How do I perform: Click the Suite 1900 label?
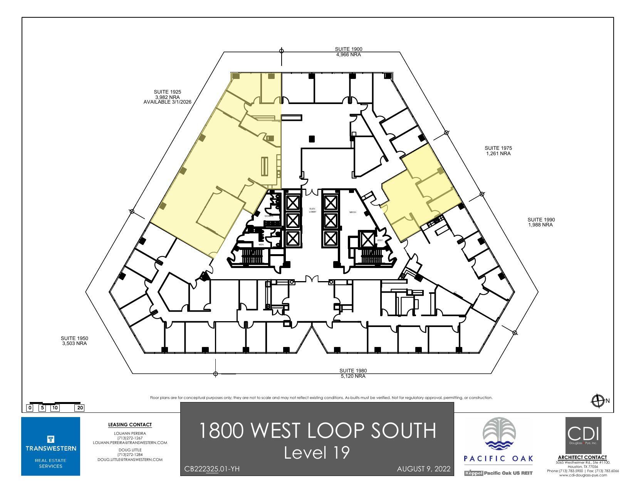348,52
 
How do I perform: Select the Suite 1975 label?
498,151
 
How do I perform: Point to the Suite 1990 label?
541,222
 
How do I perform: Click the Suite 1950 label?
74,341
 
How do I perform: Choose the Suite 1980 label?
353,373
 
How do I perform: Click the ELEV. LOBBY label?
312,210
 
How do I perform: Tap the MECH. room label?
352,212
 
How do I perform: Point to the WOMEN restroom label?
268,216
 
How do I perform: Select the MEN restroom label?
261,245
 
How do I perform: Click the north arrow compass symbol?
598,401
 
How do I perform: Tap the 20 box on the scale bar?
80,408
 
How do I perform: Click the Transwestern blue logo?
50,446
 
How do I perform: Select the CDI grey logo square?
583,435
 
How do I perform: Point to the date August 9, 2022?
423,469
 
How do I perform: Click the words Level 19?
317,452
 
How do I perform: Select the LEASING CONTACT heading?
130,425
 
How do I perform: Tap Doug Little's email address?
130,459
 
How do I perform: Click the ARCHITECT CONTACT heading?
582,457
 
